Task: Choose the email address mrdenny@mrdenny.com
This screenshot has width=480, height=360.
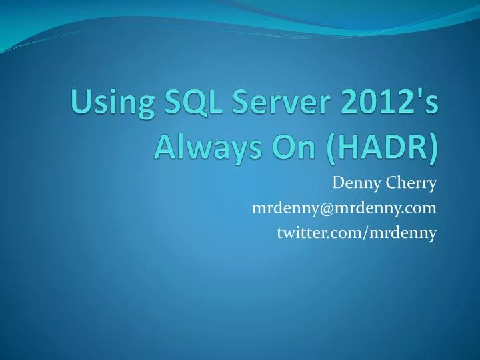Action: pos(345,209)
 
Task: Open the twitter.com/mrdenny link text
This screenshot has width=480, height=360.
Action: pos(357,232)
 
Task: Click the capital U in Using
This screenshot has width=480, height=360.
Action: pos(81,105)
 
